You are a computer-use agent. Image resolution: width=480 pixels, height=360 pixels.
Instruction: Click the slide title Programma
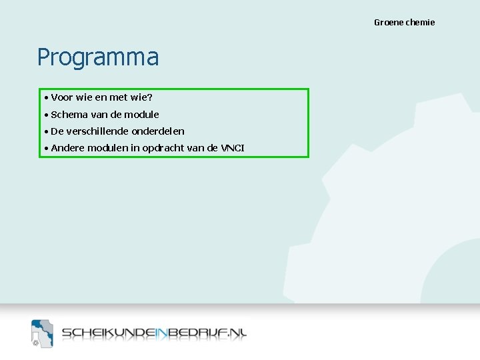click(98, 58)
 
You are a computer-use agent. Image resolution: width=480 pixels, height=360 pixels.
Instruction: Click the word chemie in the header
click(420, 23)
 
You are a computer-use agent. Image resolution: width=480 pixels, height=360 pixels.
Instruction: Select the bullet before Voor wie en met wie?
click(46, 98)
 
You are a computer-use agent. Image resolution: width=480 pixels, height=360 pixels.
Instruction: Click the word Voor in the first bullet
click(61, 98)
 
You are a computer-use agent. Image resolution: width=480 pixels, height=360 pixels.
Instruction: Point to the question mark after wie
click(150, 98)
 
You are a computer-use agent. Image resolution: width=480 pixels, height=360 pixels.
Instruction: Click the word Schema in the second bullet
click(69, 115)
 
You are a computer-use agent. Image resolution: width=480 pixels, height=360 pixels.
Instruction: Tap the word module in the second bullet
click(141, 115)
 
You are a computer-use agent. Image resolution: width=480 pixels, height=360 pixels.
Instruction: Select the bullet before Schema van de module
click(46, 115)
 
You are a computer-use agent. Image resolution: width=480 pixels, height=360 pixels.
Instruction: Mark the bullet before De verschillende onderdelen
click(46, 131)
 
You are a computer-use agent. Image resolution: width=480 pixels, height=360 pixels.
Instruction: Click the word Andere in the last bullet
click(67, 148)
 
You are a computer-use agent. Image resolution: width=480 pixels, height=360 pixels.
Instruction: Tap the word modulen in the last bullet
click(107, 148)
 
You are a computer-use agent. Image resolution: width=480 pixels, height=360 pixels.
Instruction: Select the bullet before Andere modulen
click(46, 148)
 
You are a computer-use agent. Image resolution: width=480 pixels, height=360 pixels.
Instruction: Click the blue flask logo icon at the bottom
click(41, 333)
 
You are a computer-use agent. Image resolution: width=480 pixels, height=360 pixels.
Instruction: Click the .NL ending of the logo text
click(233, 333)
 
